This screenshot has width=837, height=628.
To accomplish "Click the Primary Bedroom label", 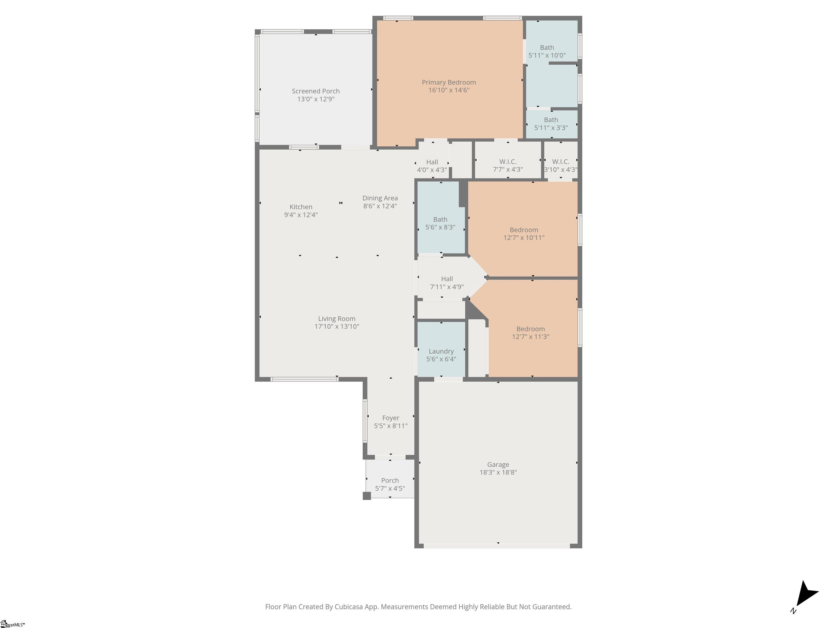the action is pyautogui.click(x=449, y=83).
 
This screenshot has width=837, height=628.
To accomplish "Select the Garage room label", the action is pyautogui.click(x=498, y=464).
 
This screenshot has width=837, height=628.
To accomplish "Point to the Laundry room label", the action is pyautogui.click(x=441, y=351).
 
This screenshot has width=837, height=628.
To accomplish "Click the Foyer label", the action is pyautogui.click(x=390, y=418).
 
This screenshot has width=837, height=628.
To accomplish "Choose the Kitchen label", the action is pyautogui.click(x=301, y=207).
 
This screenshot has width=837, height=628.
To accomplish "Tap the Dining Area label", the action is pyautogui.click(x=380, y=198).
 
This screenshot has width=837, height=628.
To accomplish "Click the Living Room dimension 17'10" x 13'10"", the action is pyautogui.click(x=337, y=326).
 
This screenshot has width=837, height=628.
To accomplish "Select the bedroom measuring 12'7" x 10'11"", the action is pyautogui.click(x=524, y=230).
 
